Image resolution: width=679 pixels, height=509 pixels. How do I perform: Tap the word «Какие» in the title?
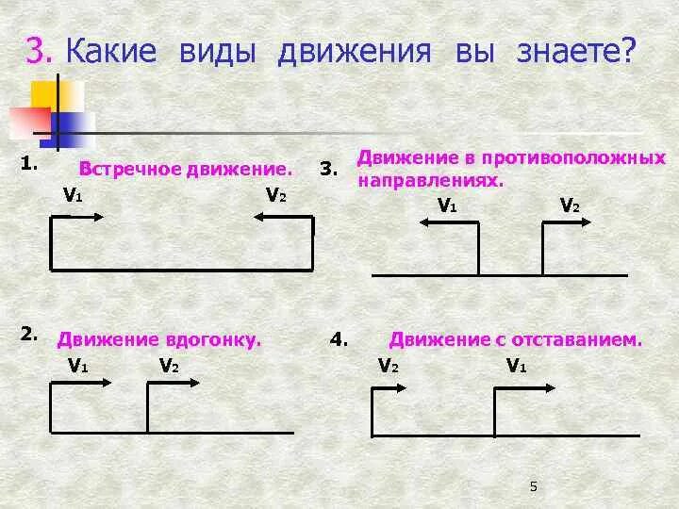pyautogui.click(x=111, y=51)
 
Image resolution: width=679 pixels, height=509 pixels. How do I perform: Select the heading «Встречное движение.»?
pyautogui.click(x=186, y=170)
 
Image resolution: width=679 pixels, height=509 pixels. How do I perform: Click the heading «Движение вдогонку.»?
pyautogui.click(x=159, y=339)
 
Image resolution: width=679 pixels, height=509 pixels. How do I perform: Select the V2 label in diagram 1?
pyautogui.click(x=275, y=195)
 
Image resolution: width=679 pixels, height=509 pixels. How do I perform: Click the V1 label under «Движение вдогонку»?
pyautogui.click(x=77, y=366)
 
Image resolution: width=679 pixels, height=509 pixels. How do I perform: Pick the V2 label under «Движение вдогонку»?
pyautogui.click(x=169, y=366)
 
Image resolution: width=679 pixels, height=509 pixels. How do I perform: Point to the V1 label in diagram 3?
pyautogui.click(x=447, y=205)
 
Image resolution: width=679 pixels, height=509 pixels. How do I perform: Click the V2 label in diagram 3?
pyautogui.click(x=570, y=205)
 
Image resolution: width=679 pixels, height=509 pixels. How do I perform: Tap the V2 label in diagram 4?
pyautogui.click(x=388, y=366)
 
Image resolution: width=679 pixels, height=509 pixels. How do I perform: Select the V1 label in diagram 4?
pyautogui.click(x=516, y=366)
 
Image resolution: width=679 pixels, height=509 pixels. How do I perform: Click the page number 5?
pyautogui.click(x=533, y=486)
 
